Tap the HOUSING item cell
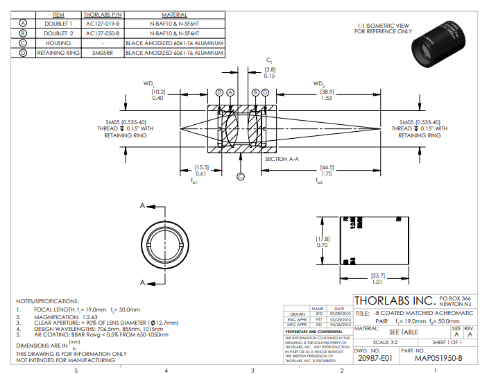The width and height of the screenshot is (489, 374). click(58, 42)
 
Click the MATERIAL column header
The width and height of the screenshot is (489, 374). click(174, 14)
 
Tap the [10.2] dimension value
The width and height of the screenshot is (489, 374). click(158, 92)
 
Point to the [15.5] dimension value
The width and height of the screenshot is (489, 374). click(201, 167)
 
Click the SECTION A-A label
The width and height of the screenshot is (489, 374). click(281, 159)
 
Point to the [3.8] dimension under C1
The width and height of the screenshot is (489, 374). click(270, 69)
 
